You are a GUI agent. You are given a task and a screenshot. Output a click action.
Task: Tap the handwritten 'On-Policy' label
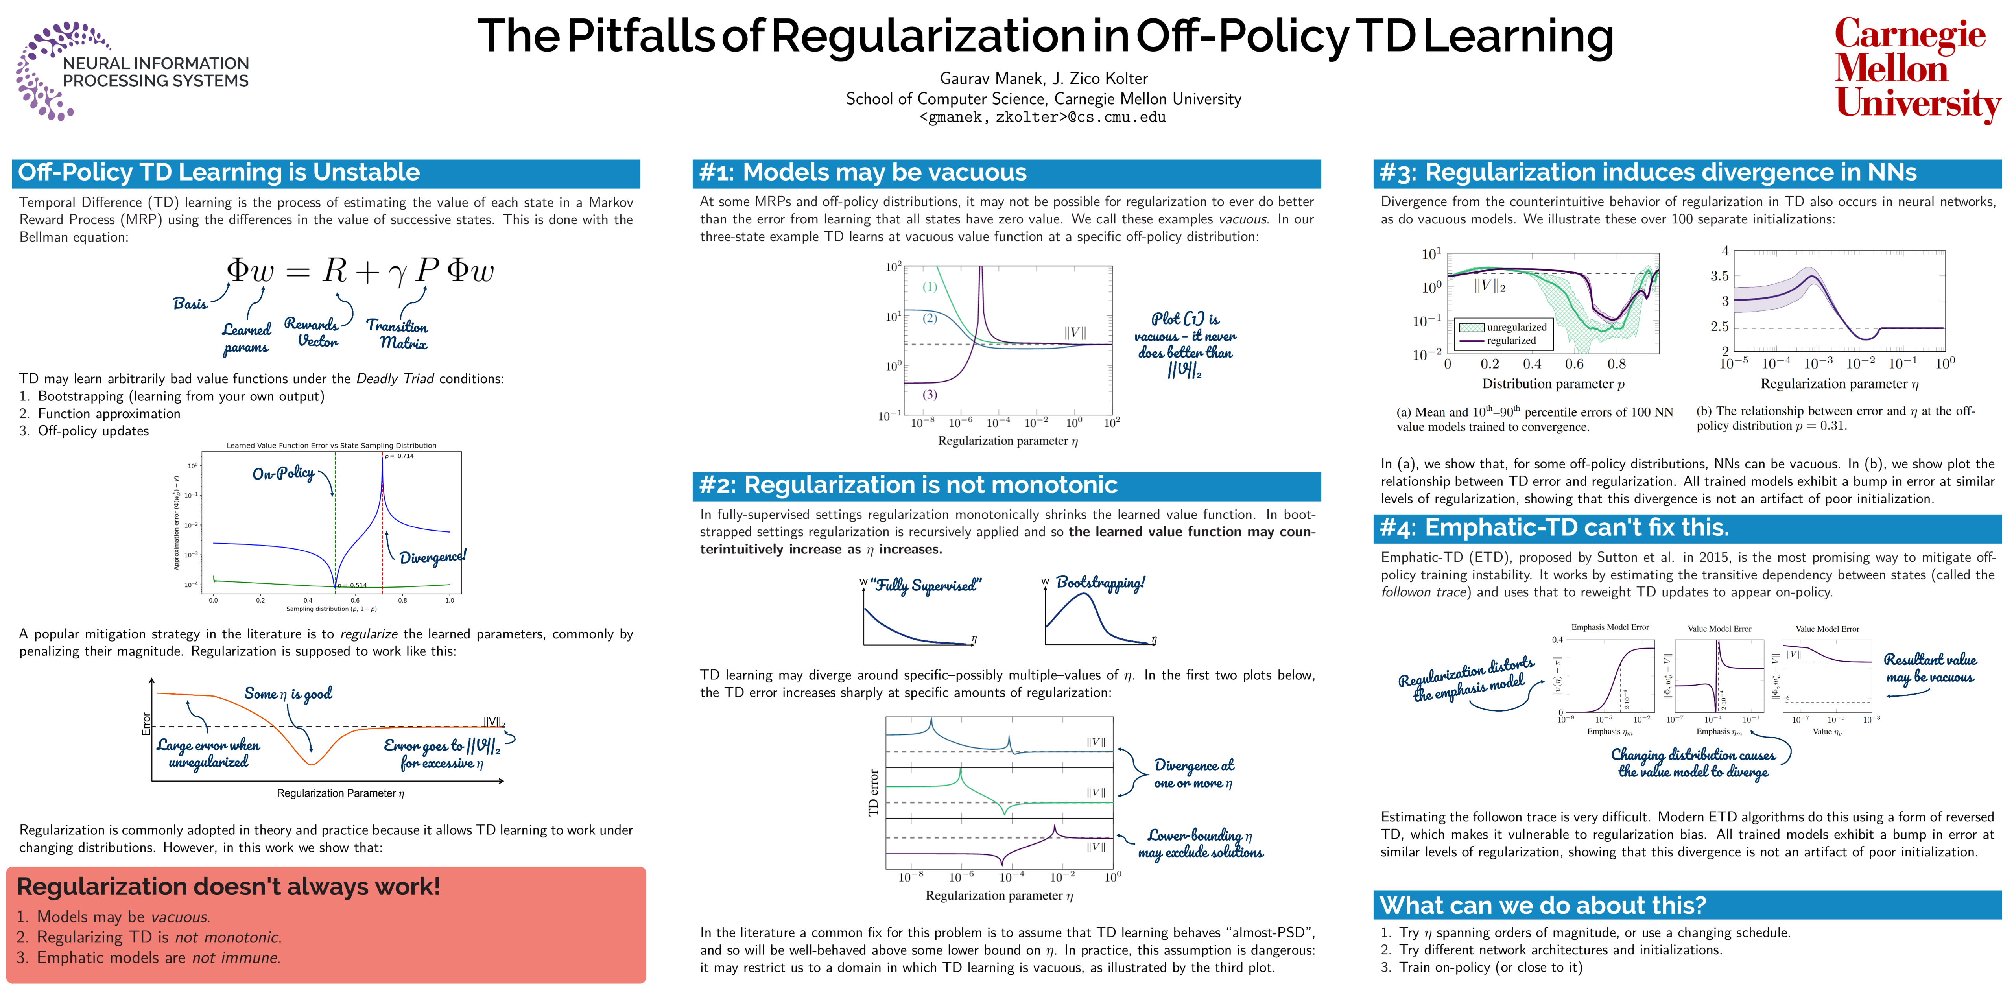[x=283, y=474]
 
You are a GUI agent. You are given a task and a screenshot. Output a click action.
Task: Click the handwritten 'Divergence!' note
[x=432, y=557]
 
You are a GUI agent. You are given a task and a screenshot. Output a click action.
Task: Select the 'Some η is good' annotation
[x=288, y=693]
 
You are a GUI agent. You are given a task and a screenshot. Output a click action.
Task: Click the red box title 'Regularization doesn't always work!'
[x=228, y=887]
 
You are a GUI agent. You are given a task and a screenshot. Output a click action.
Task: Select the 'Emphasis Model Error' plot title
[x=1610, y=627]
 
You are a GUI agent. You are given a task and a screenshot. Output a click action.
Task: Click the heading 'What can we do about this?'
[x=1542, y=906]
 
